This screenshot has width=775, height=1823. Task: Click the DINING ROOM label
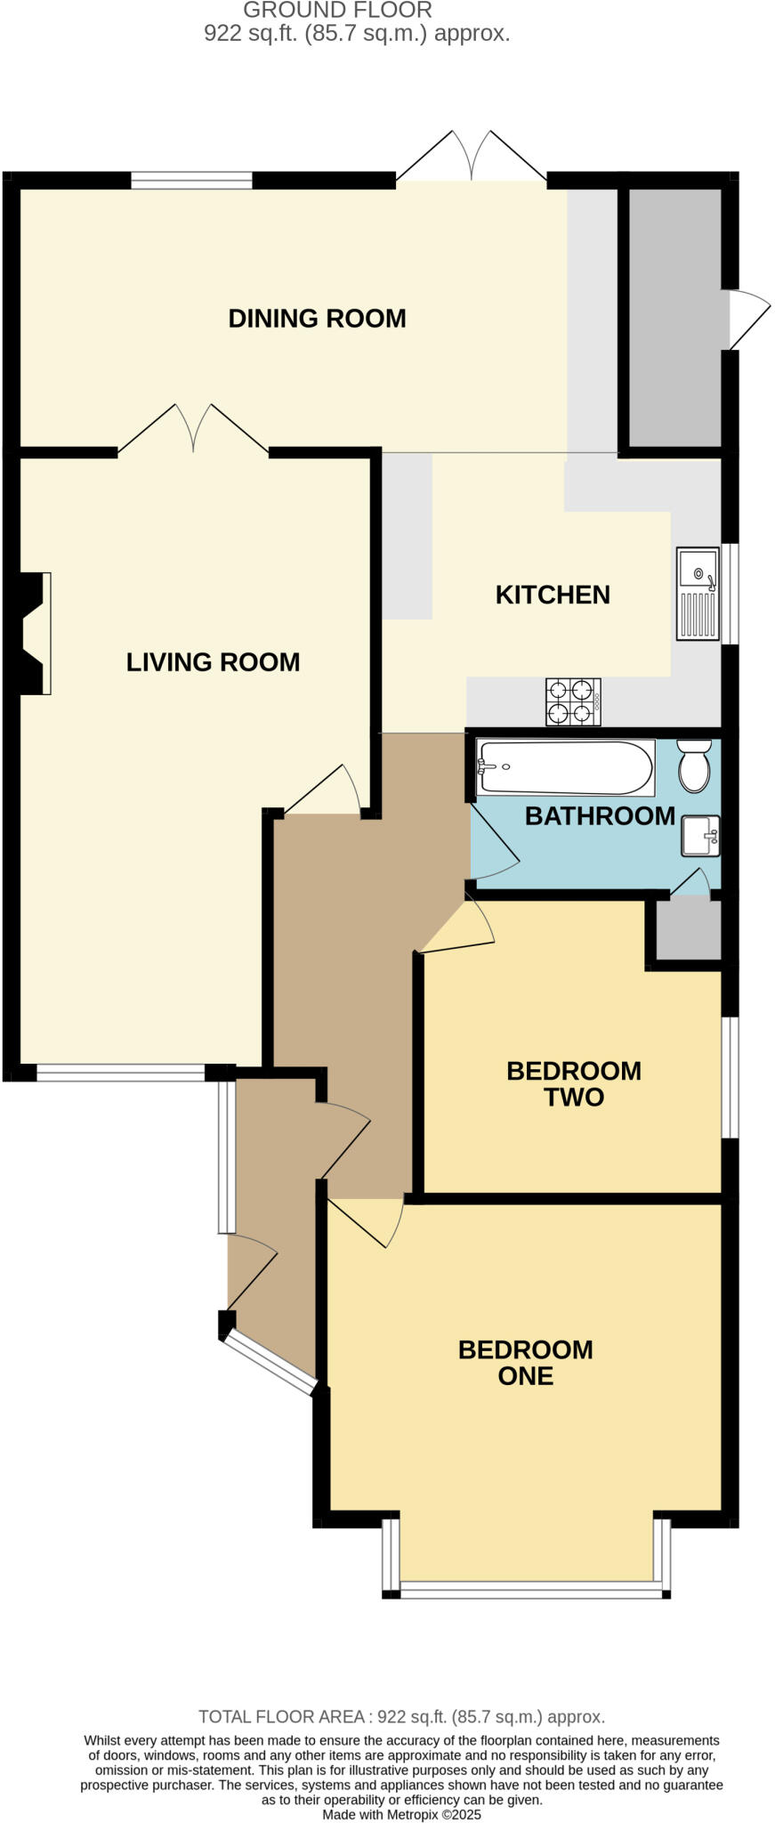(317, 318)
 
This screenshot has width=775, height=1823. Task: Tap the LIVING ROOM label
(213, 661)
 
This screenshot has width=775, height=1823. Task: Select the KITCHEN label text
(553, 595)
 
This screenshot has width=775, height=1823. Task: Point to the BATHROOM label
(599, 815)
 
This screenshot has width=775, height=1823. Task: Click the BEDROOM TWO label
(574, 1083)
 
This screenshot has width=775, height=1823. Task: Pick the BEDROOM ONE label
(525, 1362)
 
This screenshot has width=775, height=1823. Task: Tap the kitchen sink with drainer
(698, 593)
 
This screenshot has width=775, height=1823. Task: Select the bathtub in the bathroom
(565, 766)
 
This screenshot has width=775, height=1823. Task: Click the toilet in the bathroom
(694, 766)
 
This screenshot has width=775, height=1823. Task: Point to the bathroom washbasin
(700, 836)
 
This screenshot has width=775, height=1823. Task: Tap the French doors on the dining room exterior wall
(471, 158)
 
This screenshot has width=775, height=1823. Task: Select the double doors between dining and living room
(193, 430)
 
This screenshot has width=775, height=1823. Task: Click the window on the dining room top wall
(191, 180)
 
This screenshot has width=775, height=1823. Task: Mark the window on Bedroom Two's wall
(730, 1077)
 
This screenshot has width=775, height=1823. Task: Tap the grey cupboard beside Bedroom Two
(688, 930)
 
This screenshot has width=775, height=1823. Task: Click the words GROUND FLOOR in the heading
(337, 11)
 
